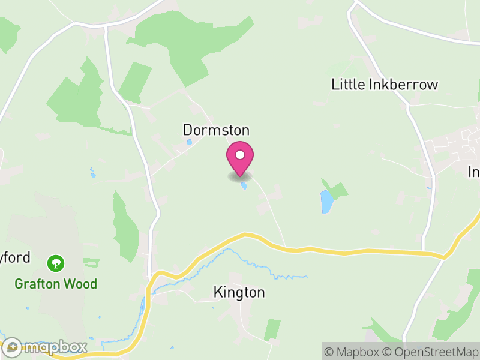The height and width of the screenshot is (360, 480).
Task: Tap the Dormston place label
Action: pyautogui.click(x=216, y=130)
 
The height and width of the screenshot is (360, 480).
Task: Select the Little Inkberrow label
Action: pyautogui.click(x=385, y=85)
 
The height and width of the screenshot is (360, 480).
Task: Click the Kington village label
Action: pyautogui.click(x=239, y=293)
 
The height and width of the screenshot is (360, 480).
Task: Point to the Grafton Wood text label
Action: pyautogui.click(x=56, y=284)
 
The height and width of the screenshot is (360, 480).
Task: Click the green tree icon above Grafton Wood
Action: pyautogui.click(x=56, y=263)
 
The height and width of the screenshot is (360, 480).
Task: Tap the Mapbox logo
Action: pyautogui.click(x=45, y=347)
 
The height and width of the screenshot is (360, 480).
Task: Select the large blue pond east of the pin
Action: pyautogui.click(x=326, y=202)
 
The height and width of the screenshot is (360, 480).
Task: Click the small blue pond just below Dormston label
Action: pyautogui.click(x=190, y=142)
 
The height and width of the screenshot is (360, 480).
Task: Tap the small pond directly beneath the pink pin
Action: pyautogui.click(x=244, y=186)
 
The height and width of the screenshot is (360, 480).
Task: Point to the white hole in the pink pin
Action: pyautogui.click(x=240, y=155)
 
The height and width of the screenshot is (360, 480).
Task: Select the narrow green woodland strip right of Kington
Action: pyautogui.click(x=272, y=329)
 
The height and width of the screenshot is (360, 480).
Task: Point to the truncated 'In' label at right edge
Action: pyautogui.click(x=473, y=172)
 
